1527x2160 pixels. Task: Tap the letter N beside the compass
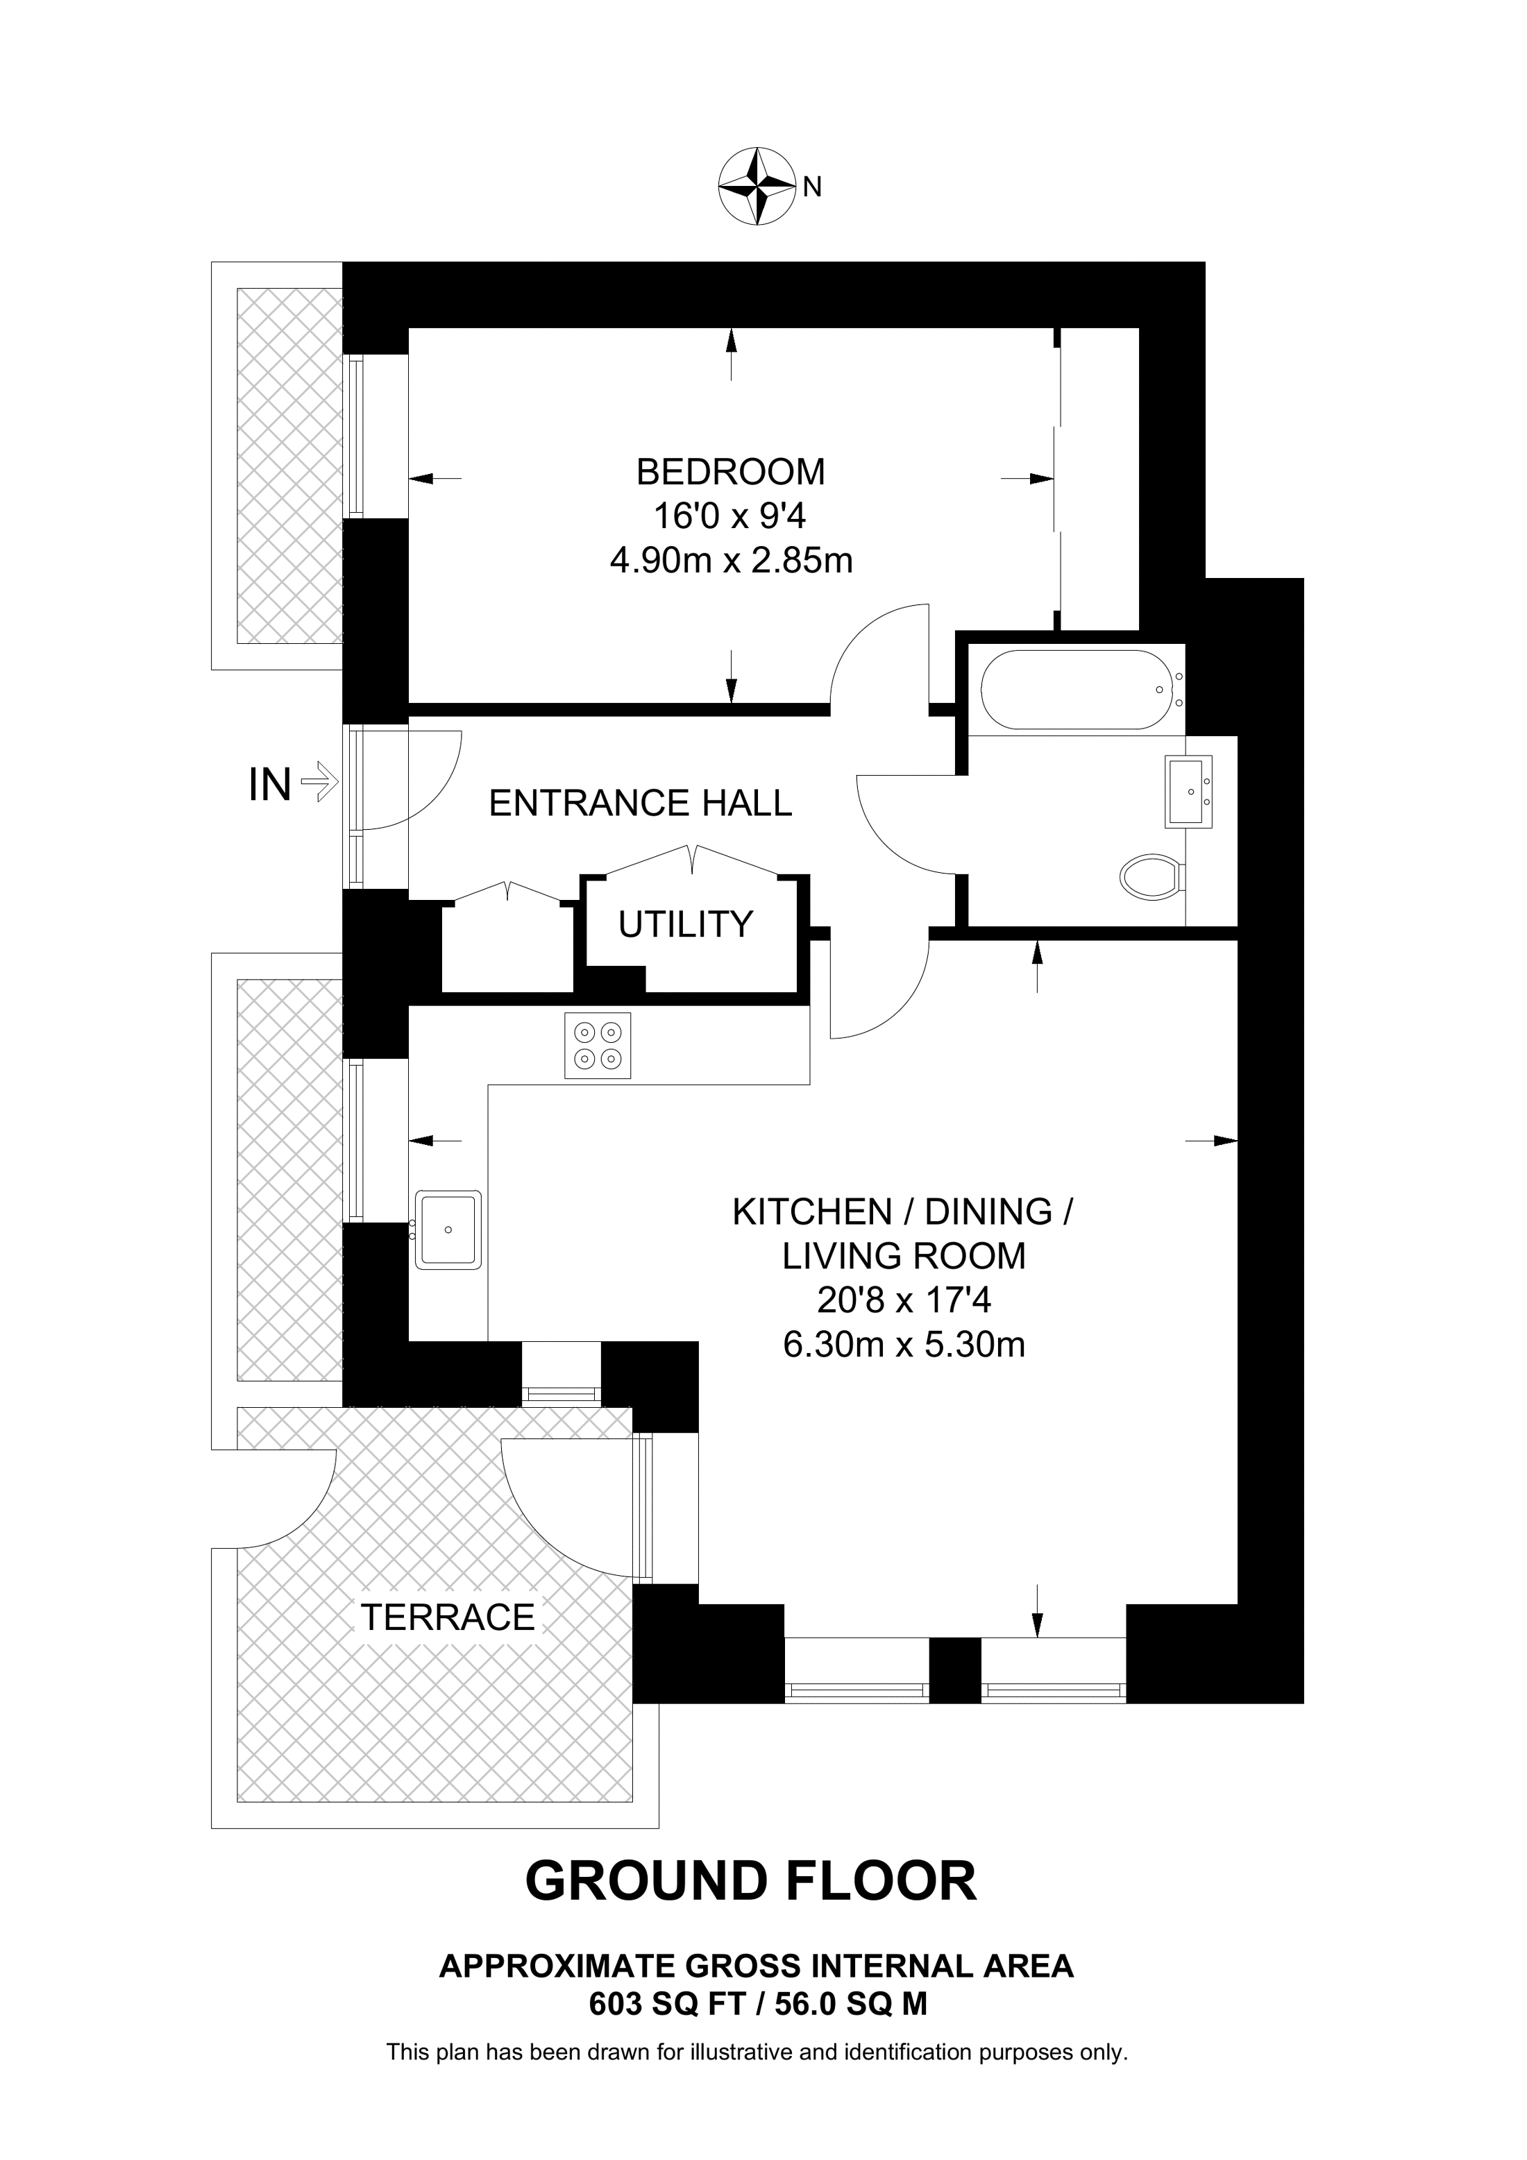tap(813, 188)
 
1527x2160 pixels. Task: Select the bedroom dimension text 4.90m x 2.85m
tap(730, 561)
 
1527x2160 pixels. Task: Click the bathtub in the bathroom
tap(1074, 690)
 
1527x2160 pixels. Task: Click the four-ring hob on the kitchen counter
tap(598, 1045)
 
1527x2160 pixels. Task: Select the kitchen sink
tap(449, 1230)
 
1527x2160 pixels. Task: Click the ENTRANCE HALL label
tap(640, 803)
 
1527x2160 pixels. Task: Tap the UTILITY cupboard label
tap(685, 925)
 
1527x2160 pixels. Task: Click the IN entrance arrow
tap(318, 782)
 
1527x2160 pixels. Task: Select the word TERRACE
tap(448, 1617)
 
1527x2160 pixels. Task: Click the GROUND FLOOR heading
tap(751, 1882)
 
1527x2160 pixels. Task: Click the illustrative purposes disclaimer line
tap(757, 2052)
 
